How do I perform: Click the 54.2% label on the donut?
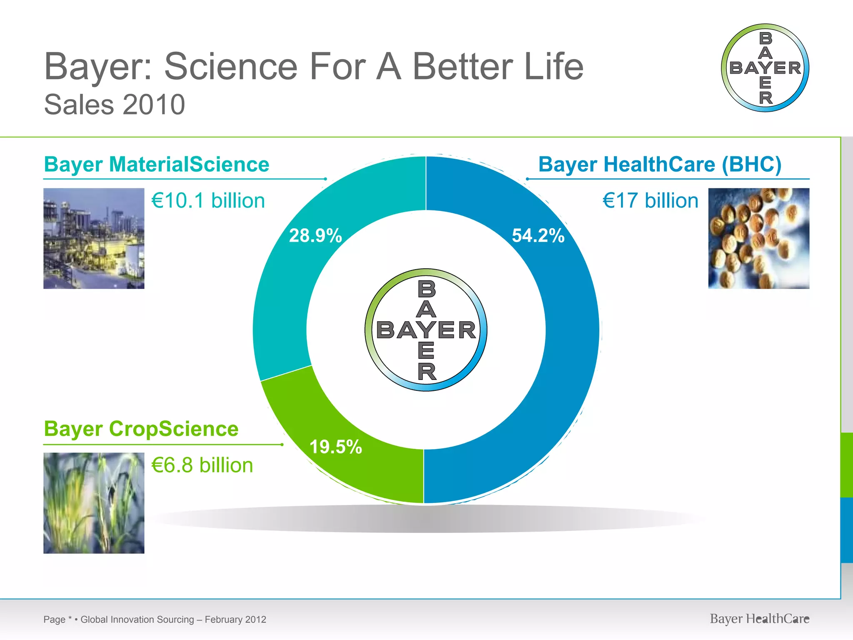[538, 235]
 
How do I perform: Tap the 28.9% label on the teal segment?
[315, 235]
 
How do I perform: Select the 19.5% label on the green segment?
[336, 447]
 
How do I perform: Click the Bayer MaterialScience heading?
[157, 164]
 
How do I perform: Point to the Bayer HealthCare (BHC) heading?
[660, 164]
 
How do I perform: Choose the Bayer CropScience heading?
[141, 429]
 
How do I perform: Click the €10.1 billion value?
[208, 201]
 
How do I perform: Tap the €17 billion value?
[650, 201]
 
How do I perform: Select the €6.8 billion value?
[202, 465]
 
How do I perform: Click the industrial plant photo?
[94, 238]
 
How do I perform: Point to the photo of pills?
[758, 238]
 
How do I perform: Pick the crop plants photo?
[94, 503]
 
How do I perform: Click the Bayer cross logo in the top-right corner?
[765, 68]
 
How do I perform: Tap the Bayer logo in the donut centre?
[426, 330]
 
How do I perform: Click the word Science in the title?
[231, 67]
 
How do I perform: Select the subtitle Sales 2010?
[115, 105]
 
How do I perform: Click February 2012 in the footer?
[235, 620]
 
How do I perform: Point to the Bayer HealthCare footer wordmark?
[759, 619]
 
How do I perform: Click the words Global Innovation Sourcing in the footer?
[137, 620]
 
